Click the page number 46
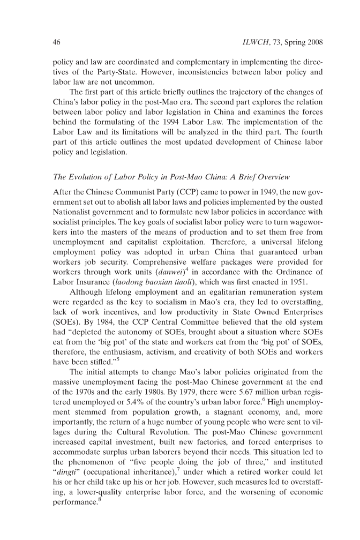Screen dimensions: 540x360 [56, 41]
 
